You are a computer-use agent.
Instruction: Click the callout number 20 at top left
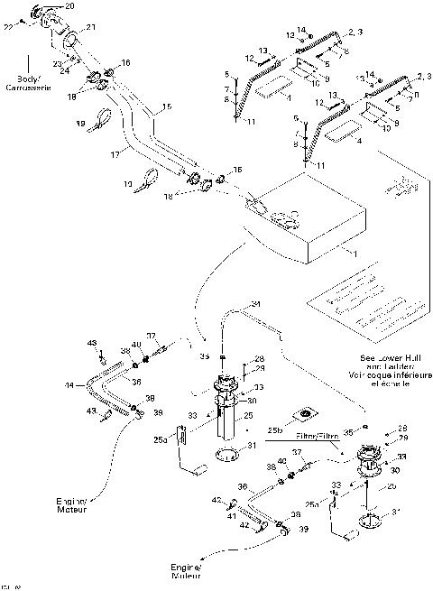tap(70, 6)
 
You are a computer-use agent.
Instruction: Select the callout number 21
tap(90, 28)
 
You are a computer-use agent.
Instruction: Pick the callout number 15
tap(166, 107)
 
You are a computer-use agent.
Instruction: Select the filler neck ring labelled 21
tap(69, 39)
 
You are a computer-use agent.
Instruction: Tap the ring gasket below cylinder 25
tap(230, 452)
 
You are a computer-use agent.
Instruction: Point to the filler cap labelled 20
tap(49, 16)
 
